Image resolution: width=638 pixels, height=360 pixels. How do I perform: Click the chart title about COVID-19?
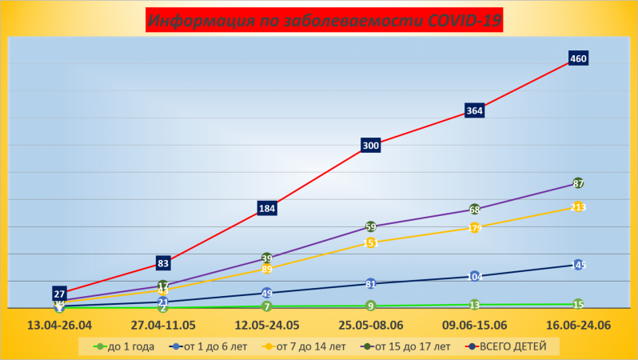(x=324, y=21)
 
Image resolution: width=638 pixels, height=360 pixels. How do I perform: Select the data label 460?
(x=578, y=58)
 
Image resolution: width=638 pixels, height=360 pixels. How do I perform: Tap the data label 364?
(x=474, y=110)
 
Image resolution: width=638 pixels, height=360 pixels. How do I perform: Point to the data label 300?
(x=370, y=146)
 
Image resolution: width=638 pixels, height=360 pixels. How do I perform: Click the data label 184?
(x=267, y=209)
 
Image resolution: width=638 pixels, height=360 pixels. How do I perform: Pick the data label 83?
(x=163, y=262)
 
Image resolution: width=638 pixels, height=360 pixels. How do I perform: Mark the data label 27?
(x=59, y=294)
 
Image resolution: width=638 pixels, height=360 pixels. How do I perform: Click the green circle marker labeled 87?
(x=578, y=183)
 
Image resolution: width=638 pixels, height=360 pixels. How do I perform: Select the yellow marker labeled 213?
(x=578, y=207)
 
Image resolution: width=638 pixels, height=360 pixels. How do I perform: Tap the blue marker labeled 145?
(x=578, y=265)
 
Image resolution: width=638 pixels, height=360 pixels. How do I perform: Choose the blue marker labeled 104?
(x=474, y=276)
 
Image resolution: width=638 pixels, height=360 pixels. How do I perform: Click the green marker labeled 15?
(x=578, y=304)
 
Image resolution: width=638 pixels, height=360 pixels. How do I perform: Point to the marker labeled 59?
(x=370, y=226)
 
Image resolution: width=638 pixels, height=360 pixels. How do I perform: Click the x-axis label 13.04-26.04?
(x=59, y=326)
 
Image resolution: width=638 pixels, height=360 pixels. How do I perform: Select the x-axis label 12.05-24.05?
(x=267, y=326)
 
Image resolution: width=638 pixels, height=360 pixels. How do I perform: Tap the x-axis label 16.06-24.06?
(x=578, y=326)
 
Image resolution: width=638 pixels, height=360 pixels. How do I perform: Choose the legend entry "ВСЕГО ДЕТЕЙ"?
(x=508, y=346)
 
